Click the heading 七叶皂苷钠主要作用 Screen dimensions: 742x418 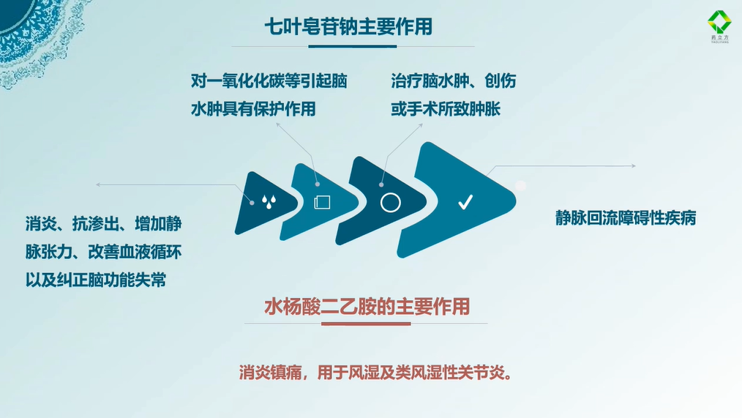(348, 26)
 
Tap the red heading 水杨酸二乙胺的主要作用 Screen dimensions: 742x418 (367, 306)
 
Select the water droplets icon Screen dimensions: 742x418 (269, 202)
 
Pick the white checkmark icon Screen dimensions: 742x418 (465, 202)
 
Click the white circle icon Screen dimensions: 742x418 (391, 203)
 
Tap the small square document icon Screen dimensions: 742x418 (322, 202)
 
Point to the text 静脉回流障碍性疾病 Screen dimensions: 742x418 (626, 218)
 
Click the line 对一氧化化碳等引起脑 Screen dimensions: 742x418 (269, 81)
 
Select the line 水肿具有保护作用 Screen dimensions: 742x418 (253, 109)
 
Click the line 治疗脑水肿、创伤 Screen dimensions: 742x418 (454, 81)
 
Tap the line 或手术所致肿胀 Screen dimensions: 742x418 (446, 109)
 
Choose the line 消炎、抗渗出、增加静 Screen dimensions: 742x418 (104, 223)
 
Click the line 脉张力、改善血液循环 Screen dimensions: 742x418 (104, 252)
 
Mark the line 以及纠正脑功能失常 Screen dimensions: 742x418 (96, 280)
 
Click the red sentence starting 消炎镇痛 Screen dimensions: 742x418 (375, 373)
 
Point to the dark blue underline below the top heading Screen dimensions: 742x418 (353, 46)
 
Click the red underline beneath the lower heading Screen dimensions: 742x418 (366, 324)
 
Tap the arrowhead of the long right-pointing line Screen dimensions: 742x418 (634, 165)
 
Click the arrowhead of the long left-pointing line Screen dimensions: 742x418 (98, 184)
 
